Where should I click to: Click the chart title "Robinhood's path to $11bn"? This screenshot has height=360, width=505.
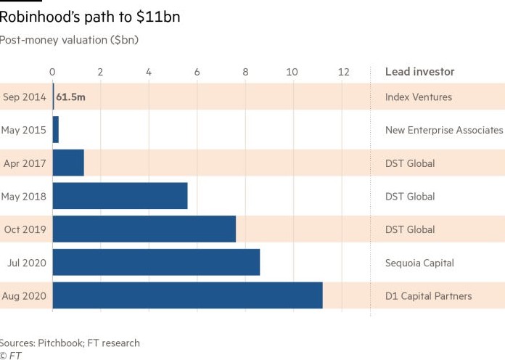click(89, 17)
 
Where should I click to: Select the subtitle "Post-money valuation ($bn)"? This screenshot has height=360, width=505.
click(69, 40)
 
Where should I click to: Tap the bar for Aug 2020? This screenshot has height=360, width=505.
click(188, 295)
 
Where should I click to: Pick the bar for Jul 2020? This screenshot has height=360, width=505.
click(156, 262)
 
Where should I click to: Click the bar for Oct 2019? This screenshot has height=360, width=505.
click(144, 229)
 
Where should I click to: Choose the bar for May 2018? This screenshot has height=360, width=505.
click(120, 196)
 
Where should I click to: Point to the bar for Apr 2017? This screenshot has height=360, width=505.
click(68, 163)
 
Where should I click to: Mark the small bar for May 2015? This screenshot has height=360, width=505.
click(56, 130)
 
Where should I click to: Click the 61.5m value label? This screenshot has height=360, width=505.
click(70, 97)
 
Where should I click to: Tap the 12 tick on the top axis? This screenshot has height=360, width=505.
click(344, 72)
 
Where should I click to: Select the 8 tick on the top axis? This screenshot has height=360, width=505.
click(245, 72)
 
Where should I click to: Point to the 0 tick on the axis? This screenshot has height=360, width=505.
click(52, 72)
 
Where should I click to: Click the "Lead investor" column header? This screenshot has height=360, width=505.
click(419, 72)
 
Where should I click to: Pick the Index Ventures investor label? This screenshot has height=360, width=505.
click(419, 97)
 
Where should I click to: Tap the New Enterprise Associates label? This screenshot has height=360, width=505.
click(444, 130)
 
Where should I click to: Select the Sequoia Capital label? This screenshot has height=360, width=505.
click(419, 263)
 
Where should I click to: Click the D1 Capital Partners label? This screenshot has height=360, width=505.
click(428, 296)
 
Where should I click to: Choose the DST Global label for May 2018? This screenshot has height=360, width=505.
click(410, 196)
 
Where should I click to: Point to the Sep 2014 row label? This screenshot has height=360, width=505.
click(25, 97)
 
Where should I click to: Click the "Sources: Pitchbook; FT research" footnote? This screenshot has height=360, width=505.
click(70, 343)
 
